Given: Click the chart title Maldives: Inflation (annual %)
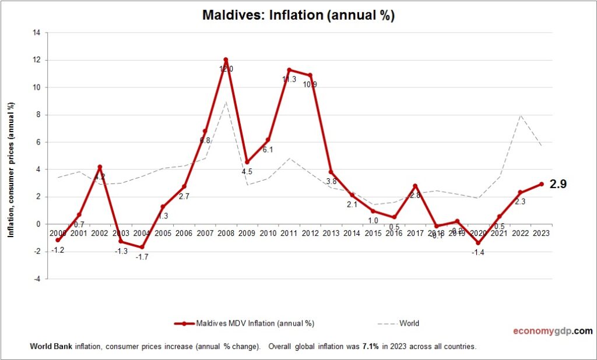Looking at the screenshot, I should point(298,15).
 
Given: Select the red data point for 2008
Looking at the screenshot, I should point(226,60).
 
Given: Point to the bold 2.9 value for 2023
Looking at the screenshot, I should point(558,184).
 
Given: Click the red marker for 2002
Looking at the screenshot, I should point(100,167).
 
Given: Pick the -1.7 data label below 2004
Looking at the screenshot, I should point(142,257).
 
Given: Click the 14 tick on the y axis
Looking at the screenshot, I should point(36,33).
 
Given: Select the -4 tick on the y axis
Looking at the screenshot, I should point(36,279).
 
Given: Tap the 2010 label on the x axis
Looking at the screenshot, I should point(268,233).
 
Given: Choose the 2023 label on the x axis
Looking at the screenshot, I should point(542,233).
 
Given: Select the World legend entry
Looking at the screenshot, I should point(409,323).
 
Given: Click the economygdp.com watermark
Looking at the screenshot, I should point(553,331).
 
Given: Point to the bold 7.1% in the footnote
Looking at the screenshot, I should point(369,346).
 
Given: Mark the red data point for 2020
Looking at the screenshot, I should point(479,243).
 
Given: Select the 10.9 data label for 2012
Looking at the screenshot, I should point(309,84).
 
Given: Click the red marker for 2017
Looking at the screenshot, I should point(415,186).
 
